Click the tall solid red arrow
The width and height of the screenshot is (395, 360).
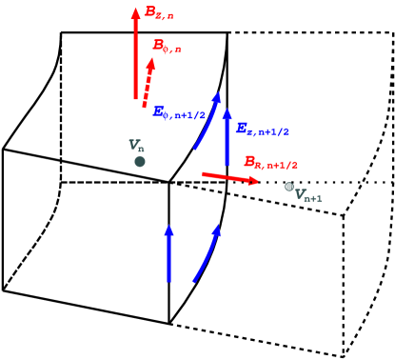tap(135, 57)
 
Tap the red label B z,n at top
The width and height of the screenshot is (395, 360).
tap(159, 13)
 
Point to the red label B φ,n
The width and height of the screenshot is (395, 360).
tap(167, 46)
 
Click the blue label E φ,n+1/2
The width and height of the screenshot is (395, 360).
tap(179, 112)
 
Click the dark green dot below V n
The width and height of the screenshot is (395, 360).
tap(140, 162)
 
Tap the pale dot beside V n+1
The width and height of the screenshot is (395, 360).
tap(289, 187)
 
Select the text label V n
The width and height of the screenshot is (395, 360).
tap(136, 146)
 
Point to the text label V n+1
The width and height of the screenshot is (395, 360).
tap(308, 196)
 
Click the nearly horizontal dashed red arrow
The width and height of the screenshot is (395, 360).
tap(228, 177)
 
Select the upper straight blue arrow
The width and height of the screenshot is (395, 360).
tap(227, 138)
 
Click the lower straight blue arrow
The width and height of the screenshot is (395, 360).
tap(168, 254)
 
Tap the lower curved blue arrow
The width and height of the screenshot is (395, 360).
tap(207, 254)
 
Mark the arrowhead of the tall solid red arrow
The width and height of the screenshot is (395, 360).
tap(135, 13)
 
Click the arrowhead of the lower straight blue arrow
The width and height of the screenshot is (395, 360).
tap(168, 230)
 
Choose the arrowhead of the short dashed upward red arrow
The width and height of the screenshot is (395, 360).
tap(150, 63)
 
